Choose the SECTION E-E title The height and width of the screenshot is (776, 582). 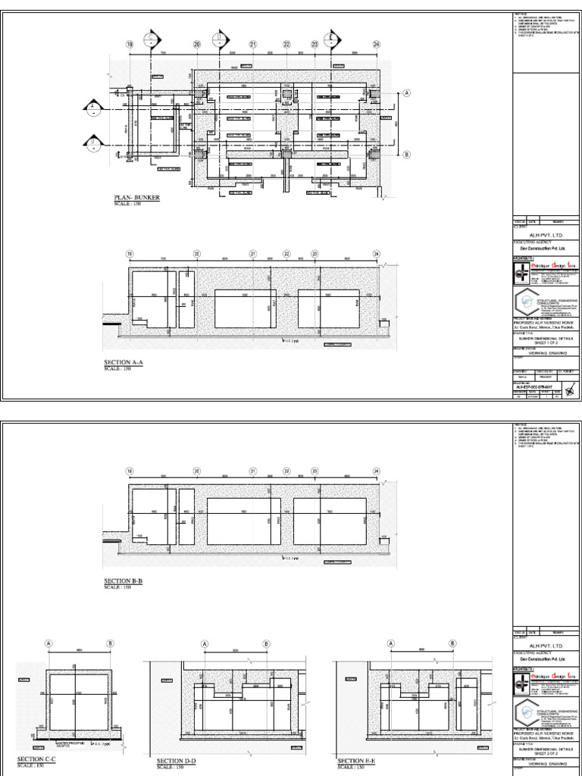[x=357, y=760]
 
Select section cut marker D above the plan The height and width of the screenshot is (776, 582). [x=220, y=38]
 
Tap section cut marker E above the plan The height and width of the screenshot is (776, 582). [x=332, y=38]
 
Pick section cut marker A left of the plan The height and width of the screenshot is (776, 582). [x=92, y=107]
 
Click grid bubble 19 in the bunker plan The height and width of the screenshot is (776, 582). [x=130, y=45]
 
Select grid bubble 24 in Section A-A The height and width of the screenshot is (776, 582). [x=376, y=254]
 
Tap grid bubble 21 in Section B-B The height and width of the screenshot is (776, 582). [x=252, y=471]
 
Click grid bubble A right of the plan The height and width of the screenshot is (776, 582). [x=407, y=93]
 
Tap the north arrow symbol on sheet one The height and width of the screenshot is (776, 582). [x=571, y=392]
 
